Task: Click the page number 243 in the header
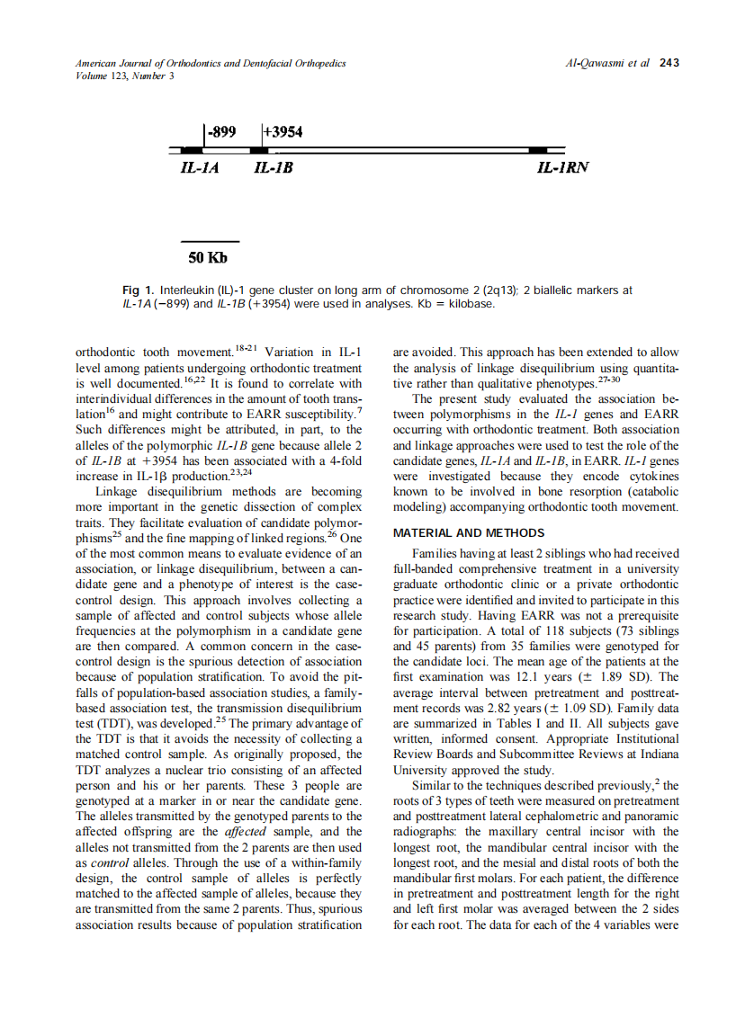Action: [x=669, y=64]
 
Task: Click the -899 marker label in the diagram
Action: [x=221, y=132]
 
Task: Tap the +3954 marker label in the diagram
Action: [x=283, y=132]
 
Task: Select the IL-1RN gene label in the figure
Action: [x=562, y=168]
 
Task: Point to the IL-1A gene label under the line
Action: [x=200, y=168]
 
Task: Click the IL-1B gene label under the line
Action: [x=274, y=168]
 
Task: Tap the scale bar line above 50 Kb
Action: [x=210, y=242]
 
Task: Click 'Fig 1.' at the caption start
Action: [x=139, y=290]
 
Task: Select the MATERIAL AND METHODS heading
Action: [x=469, y=533]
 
